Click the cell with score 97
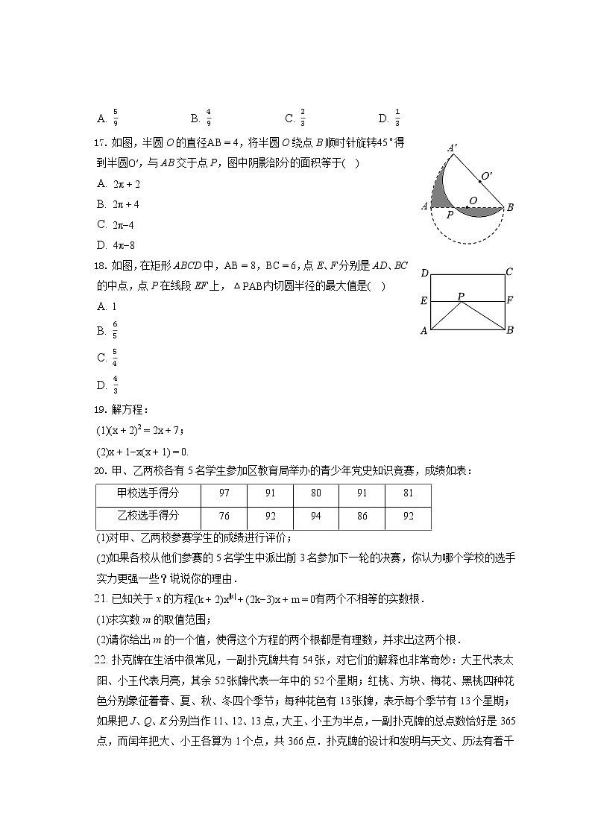[224, 493]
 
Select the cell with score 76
[224, 516]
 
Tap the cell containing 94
[316, 516]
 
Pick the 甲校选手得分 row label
[148, 493]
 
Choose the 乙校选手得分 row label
[148, 516]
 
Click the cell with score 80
[316, 493]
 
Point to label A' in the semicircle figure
[452, 148]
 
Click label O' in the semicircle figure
[486, 176]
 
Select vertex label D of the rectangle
[424, 273]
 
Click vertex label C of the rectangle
[509, 272]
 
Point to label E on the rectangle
[424, 301]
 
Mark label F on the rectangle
[509, 301]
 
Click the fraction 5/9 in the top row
[116, 118]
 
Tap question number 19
[103, 409]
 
